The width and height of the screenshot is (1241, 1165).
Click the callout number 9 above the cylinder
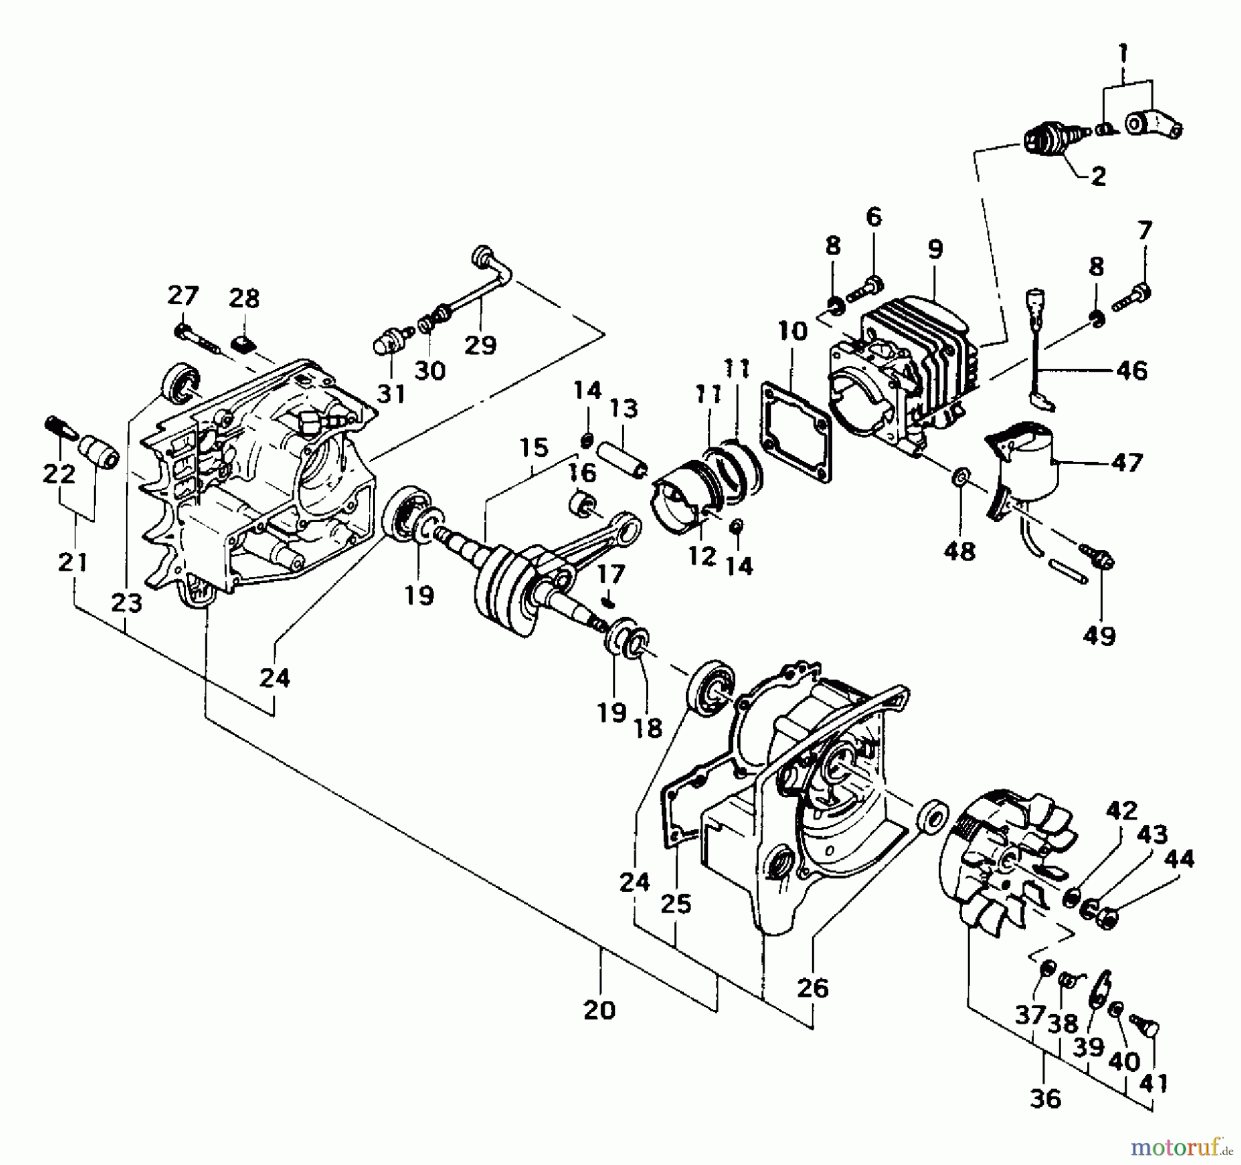click(934, 249)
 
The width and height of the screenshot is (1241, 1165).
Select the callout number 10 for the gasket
click(792, 332)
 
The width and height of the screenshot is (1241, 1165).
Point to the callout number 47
click(1127, 463)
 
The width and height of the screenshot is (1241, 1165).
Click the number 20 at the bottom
click(599, 1011)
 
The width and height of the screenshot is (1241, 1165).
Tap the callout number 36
click(1045, 1098)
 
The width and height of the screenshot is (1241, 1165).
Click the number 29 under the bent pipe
click(481, 344)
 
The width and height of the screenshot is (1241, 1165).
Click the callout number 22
click(59, 474)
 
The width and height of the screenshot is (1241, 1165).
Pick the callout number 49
click(1100, 636)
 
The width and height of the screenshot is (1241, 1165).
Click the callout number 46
click(1131, 371)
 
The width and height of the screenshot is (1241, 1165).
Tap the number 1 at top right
click(1123, 51)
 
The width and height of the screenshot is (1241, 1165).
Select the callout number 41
click(1153, 1083)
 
